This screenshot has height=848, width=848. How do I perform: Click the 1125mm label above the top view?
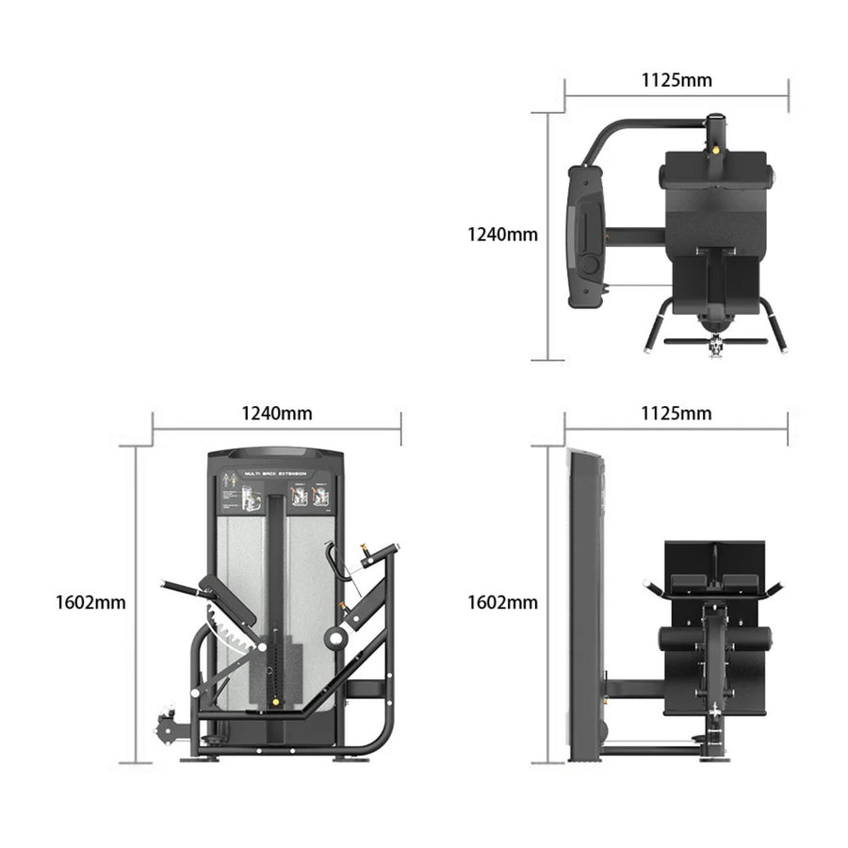677,80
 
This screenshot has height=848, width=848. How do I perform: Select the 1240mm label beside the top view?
503,235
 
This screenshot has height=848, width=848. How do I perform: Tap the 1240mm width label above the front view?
277,414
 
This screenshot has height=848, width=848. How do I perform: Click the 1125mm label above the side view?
677,414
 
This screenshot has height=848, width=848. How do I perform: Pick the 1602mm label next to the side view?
503,602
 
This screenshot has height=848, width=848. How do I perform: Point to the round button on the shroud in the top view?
589,265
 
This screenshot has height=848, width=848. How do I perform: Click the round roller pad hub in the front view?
334,639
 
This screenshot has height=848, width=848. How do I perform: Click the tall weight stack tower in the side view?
584,603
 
